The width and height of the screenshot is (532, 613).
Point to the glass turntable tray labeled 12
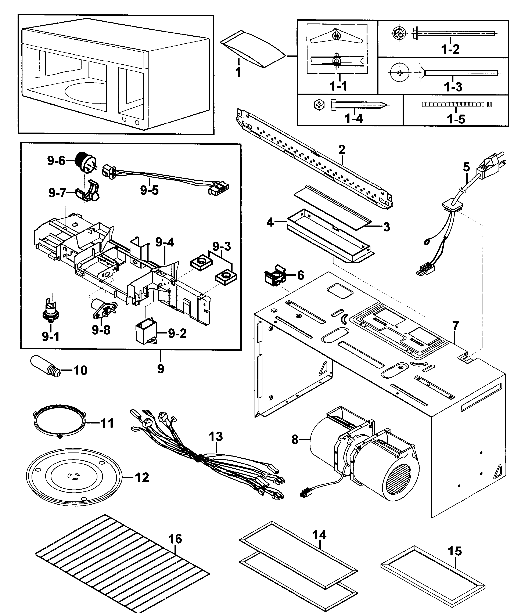click(74, 477)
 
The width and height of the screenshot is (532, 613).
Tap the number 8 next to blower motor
click(295, 440)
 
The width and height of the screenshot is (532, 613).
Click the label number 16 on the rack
click(175, 539)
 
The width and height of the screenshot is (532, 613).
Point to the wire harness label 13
click(216, 437)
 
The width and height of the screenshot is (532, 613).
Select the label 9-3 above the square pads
click(222, 246)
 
